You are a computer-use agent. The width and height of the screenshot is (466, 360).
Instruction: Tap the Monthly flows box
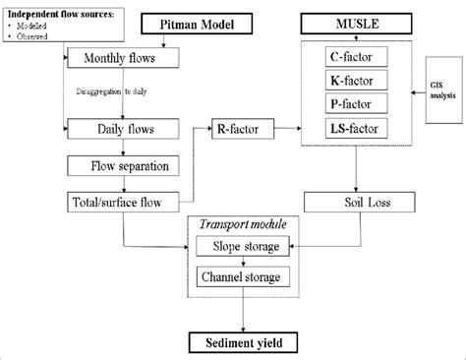(124, 58)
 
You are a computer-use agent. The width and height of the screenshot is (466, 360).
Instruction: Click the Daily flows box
(124, 128)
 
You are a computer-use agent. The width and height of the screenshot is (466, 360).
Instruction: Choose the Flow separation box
(124, 165)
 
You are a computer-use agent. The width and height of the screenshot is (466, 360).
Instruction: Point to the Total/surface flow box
(124, 202)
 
